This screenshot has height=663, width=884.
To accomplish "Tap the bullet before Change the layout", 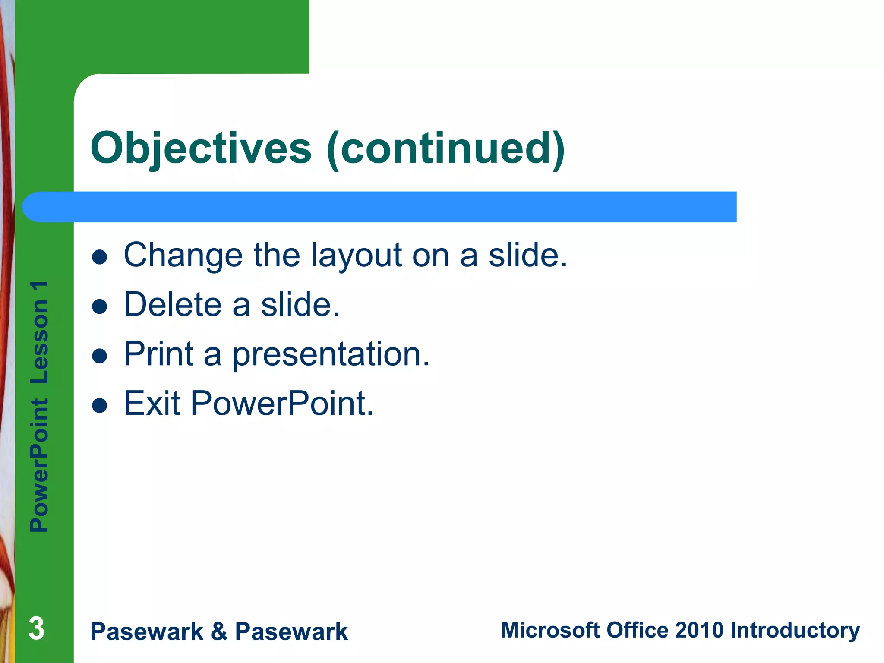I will tap(100, 257).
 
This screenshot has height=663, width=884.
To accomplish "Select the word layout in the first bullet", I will tap(357, 256).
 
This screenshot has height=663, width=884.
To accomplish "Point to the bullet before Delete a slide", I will tap(100, 307).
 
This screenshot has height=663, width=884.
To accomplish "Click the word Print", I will tap(158, 354).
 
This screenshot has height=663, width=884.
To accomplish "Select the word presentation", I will tap(331, 355).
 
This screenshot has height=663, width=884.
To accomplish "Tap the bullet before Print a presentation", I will tap(100, 357).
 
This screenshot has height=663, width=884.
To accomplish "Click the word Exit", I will tap(152, 404).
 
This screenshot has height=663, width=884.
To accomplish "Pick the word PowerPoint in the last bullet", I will tap(282, 404).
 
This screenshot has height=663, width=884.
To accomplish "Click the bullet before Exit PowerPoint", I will tap(100, 406).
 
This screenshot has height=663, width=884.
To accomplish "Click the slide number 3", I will tap(37, 628).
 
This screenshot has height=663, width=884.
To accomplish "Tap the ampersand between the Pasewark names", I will tap(219, 631).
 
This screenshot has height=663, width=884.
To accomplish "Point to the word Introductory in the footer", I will tap(795, 631).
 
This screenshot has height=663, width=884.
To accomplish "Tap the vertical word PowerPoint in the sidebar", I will tap(39, 465).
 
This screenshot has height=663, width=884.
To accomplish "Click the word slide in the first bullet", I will tap(527, 255).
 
